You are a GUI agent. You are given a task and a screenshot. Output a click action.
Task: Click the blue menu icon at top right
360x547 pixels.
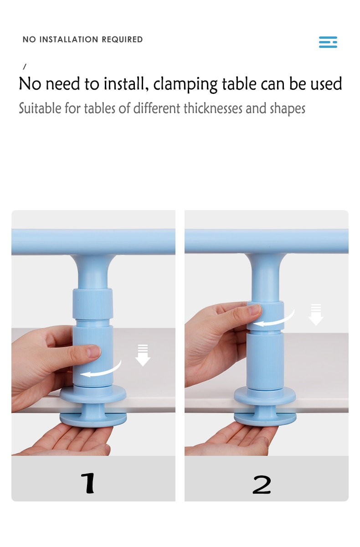(328, 42)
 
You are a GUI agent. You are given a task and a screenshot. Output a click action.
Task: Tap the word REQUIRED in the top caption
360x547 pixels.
(122, 39)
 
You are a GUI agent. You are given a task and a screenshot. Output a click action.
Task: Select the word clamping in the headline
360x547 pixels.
(185, 84)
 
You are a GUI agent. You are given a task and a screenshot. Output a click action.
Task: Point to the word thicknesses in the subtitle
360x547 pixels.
(213, 108)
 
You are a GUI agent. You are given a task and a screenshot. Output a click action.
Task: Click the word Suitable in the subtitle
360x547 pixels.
(40, 108)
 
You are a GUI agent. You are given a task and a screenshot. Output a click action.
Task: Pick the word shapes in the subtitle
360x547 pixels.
(288, 109)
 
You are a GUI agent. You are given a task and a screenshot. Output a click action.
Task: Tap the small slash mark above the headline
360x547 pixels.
(25, 67)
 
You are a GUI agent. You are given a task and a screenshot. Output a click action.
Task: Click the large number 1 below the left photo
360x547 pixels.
(88, 483)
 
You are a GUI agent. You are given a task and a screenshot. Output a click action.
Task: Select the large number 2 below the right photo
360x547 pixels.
(262, 485)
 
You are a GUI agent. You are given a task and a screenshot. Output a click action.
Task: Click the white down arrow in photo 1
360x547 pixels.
(143, 355)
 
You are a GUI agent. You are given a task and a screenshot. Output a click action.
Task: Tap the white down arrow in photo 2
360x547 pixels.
(316, 315)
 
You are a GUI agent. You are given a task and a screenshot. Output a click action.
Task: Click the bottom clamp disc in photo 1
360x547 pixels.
(93, 419)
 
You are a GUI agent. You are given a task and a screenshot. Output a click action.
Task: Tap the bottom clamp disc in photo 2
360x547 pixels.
(265, 419)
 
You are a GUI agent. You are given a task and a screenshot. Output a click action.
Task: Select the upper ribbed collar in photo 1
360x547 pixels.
(93, 304)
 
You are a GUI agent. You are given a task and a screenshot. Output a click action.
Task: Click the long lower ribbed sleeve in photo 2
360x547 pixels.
(265, 360)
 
